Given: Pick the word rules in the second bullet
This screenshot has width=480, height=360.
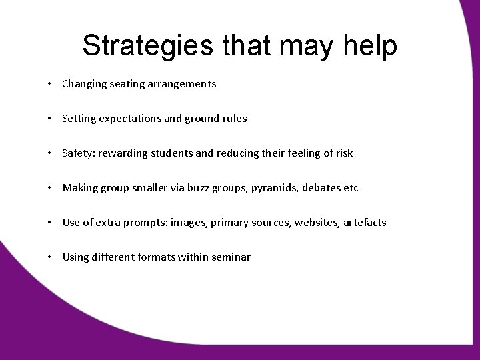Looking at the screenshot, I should pos(233,119).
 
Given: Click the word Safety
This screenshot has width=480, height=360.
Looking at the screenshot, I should pos(77,153).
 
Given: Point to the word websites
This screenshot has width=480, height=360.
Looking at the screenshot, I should pos(313,223).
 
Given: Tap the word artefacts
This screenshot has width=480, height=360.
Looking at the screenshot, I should pos(365,223).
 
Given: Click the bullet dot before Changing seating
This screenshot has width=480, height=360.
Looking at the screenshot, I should pos(51,85).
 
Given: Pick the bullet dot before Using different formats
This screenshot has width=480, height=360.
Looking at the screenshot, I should pos(51,257).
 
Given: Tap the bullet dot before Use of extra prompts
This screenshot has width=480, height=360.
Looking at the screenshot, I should pos(51,223).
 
